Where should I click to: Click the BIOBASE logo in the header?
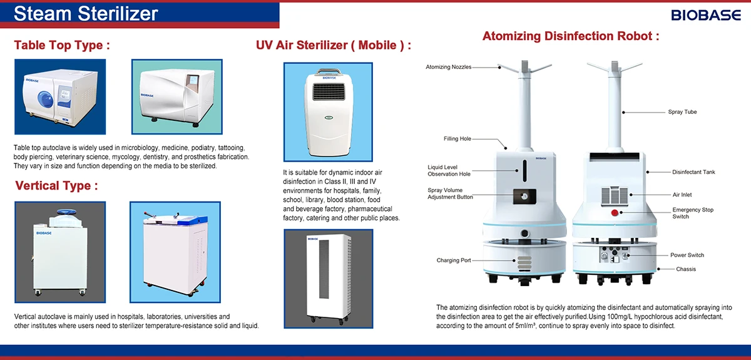pos(706,15)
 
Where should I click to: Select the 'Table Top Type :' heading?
pos(62,45)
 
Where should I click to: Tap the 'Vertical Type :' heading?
pos(56,185)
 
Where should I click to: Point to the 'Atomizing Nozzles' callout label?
pos(448,67)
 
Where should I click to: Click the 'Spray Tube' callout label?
pos(682,112)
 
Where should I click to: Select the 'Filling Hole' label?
pos(457,138)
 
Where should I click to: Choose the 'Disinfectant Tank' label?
pos(693,172)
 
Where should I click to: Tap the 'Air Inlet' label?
pos(682,195)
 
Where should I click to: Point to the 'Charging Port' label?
pos(454,260)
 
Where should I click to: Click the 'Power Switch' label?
pos(687,255)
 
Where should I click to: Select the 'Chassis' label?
pos(686,269)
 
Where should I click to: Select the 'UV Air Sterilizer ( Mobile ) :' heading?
pos(334,45)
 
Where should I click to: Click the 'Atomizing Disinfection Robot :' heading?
pos(570,36)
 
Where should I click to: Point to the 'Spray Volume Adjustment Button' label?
pos(450,193)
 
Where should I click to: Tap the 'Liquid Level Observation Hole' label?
pos(449,170)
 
